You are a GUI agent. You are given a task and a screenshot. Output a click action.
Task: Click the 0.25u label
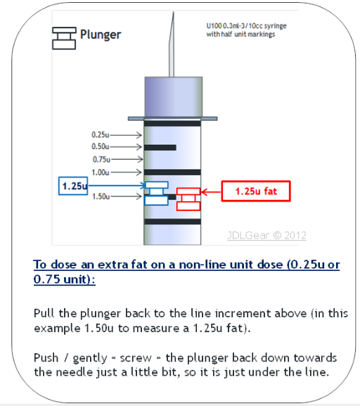click(x=101, y=134)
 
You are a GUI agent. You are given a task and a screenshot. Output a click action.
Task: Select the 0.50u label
click(x=101, y=146)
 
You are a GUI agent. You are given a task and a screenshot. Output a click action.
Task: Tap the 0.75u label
click(x=101, y=159)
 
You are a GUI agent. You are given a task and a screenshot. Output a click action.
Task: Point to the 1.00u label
click(x=101, y=172)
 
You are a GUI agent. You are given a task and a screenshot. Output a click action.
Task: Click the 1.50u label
click(x=101, y=196)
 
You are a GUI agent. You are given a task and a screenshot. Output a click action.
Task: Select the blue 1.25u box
click(x=73, y=186)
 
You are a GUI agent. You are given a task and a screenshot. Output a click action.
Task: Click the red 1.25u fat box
click(x=256, y=191)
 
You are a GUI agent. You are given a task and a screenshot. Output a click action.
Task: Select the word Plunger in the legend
click(x=101, y=34)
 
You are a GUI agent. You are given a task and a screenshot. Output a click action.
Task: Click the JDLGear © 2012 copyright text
click(x=266, y=235)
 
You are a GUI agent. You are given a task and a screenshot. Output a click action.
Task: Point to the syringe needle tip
click(x=174, y=12)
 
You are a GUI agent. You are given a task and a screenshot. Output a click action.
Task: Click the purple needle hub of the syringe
click(x=174, y=97)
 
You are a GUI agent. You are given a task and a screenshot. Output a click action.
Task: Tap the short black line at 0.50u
click(x=160, y=148)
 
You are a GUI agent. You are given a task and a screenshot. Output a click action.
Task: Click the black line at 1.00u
click(x=172, y=172)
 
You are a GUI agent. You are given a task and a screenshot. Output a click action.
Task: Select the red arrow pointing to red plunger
click(x=211, y=192)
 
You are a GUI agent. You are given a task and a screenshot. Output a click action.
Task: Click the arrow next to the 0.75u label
click(x=127, y=159)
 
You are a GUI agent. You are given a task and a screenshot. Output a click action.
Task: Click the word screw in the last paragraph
click(x=136, y=358)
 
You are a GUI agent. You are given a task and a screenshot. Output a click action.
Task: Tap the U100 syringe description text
click(x=246, y=30)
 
